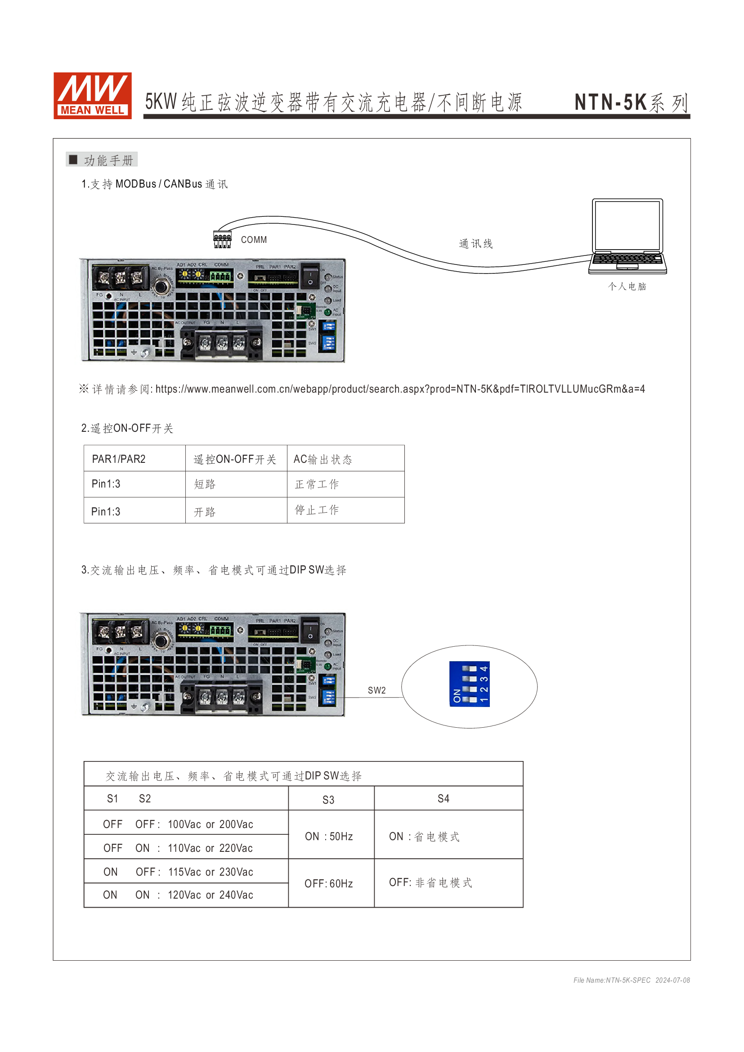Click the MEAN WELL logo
(93, 95)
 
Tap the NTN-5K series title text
(631, 102)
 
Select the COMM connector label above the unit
(254, 240)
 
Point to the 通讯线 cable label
(475, 244)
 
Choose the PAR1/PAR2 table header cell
(119, 459)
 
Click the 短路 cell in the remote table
(205, 484)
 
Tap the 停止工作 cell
(317, 510)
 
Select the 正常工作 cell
(317, 484)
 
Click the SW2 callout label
(376, 690)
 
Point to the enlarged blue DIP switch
(470, 684)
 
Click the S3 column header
(328, 800)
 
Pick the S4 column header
(444, 799)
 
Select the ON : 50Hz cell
(329, 837)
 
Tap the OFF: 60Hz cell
(328, 884)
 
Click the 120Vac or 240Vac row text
(210, 895)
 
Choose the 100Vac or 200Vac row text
(210, 824)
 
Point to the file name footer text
(631, 980)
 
